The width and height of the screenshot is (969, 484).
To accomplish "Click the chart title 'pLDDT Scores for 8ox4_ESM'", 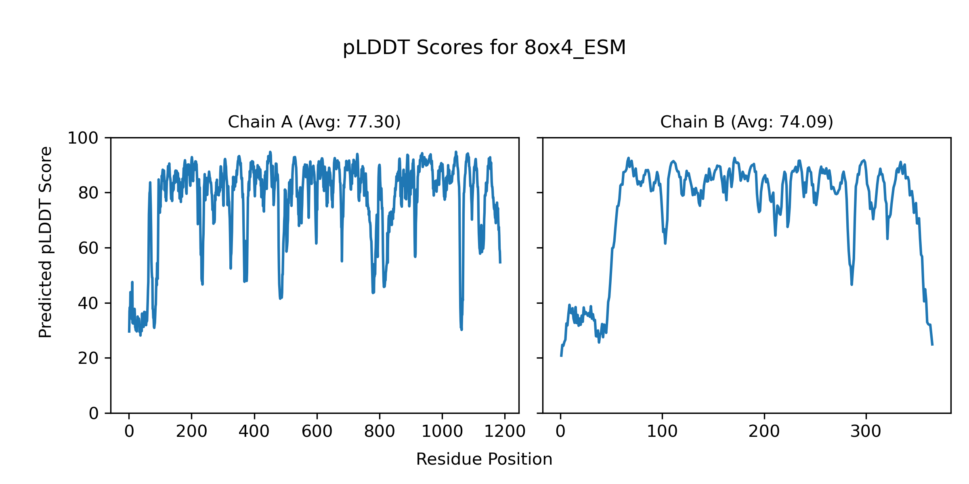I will pyautogui.click(x=484, y=48).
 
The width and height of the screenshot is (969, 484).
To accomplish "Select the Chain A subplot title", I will pyautogui.click(x=314, y=122).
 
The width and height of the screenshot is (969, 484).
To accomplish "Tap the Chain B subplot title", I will pyautogui.click(x=747, y=122).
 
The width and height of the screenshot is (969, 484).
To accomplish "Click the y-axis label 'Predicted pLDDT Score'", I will pyautogui.click(x=45, y=242).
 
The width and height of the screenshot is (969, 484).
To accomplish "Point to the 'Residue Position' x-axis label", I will pyautogui.click(x=484, y=459).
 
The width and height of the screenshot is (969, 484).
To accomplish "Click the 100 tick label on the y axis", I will pyautogui.click(x=83, y=138).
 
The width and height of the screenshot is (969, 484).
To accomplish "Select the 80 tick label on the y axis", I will pyautogui.click(x=88, y=193).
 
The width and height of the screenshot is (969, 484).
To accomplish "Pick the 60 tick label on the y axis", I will pyautogui.click(x=88, y=248).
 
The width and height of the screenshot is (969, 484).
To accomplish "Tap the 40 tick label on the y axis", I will pyautogui.click(x=88, y=303).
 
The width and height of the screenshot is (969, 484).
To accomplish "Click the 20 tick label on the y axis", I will pyautogui.click(x=88, y=358).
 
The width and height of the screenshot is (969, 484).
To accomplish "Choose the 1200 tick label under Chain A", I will pyautogui.click(x=505, y=432).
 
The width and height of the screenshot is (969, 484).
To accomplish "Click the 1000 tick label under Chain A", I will pyautogui.click(x=442, y=432).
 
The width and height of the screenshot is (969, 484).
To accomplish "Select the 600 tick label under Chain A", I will pyautogui.click(x=317, y=432).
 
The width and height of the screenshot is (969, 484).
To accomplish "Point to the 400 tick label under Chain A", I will pyautogui.click(x=254, y=432).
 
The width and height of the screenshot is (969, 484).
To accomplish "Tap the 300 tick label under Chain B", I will pyautogui.click(x=866, y=432).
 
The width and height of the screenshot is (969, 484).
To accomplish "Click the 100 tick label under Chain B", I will pyautogui.click(x=662, y=432).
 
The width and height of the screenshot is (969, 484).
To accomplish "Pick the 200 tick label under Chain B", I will pyautogui.click(x=764, y=432).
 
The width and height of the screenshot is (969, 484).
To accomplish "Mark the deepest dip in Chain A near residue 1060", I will pyautogui.click(x=461, y=330).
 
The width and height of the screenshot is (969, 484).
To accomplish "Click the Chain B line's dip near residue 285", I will pyautogui.click(x=852, y=284).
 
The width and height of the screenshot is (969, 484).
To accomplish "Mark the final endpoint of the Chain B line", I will pyautogui.click(x=932, y=345).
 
